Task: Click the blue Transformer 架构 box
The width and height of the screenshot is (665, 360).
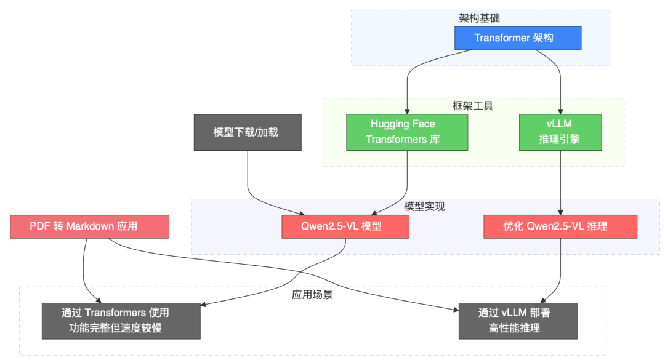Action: coord(514,38)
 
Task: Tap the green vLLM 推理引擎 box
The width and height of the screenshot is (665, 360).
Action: coord(559,132)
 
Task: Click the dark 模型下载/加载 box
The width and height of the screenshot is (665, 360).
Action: coord(248,132)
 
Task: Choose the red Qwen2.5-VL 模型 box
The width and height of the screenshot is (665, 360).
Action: coord(345,226)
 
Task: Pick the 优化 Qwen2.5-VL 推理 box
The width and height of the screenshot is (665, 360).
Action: coord(560,226)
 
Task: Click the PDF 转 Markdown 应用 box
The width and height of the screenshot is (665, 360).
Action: coord(90,226)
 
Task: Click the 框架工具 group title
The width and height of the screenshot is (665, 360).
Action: coord(473,106)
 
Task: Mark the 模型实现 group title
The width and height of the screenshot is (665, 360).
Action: coord(424,207)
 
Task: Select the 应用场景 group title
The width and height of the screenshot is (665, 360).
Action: coord(312,295)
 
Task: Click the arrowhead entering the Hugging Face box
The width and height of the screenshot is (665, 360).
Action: coord(407,111)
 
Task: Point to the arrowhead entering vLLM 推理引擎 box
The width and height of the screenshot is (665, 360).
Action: coord(560,111)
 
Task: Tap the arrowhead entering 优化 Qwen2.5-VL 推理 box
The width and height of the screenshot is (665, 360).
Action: coord(560,211)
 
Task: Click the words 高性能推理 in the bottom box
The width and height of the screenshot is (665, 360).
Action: coord(518,329)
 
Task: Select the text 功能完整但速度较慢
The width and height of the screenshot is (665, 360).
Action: coord(121,329)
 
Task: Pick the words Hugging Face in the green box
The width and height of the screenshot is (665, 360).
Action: coord(403,124)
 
